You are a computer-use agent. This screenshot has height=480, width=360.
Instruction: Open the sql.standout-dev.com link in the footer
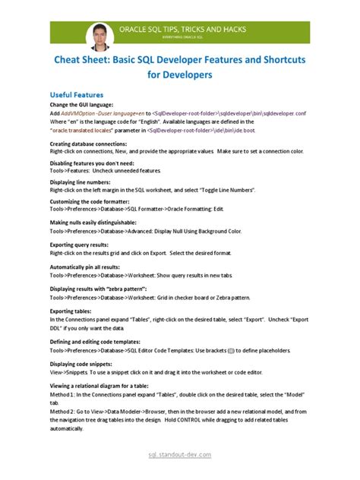(179, 454)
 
